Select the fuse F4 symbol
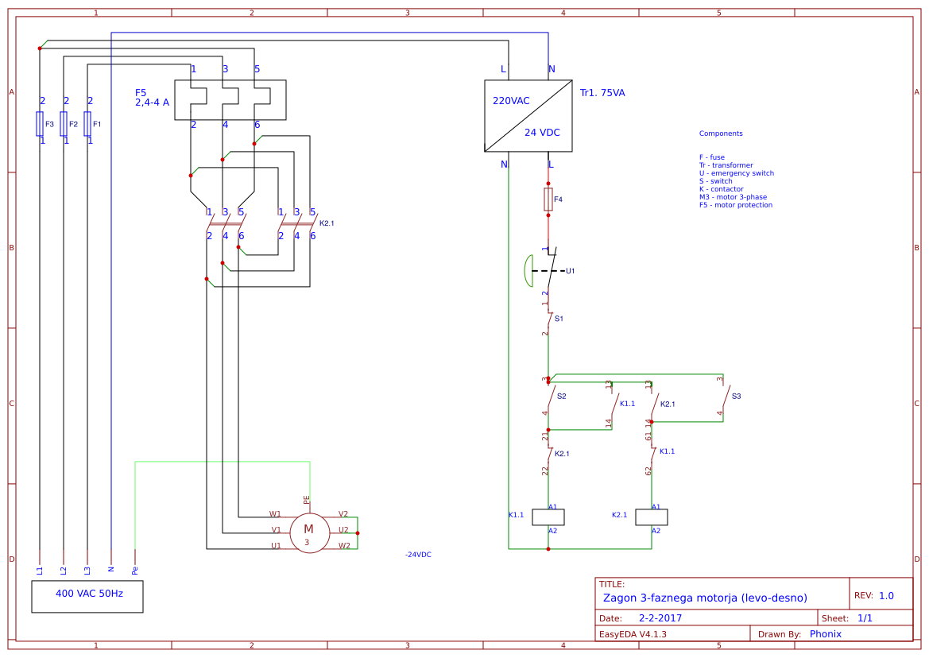coord(548,199)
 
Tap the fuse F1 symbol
coord(87,124)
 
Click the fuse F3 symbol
coord(40,124)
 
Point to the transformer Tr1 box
coord(528,115)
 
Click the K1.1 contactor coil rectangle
coord(548,517)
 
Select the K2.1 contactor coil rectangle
coord(652,517)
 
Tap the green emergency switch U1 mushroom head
coord(528,271)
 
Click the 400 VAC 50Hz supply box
coord(87,596)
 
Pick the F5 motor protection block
coord(230,99)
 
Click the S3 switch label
coord(736,396)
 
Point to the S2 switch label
coord(561,396)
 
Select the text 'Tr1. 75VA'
coord(602,93)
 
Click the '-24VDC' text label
coord(418,555)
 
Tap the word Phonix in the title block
coord(825,633)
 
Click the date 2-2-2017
coord(660,617)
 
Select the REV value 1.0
coord(886,595)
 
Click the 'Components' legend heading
coord(721,134)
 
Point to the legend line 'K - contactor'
coord(721,189)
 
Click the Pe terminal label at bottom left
coord(135,570)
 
